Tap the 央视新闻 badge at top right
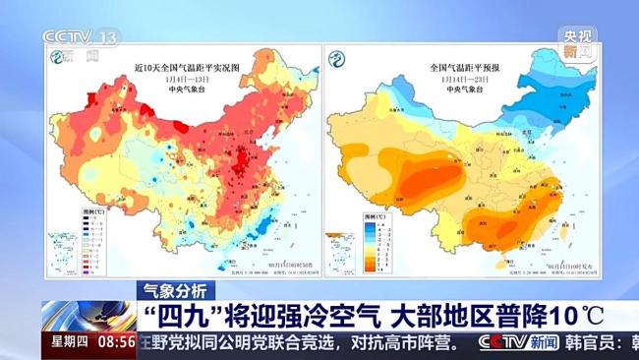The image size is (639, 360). (x=578, y=43)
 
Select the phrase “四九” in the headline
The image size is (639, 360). (x=175, y=317)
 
